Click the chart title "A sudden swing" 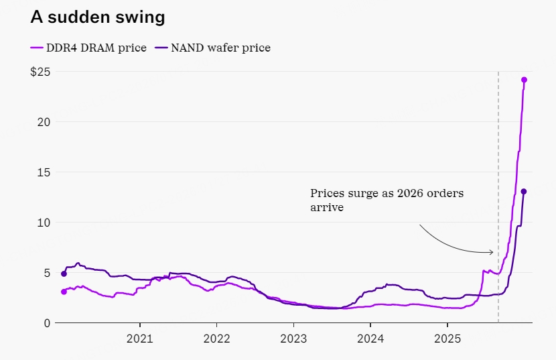pos(98,17)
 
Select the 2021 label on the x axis pos(139,339)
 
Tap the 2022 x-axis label pos(216,339)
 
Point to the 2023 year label pos(293,339)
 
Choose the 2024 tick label pos(370,339)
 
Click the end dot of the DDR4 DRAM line pos(524,80)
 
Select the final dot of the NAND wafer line pos(524,192)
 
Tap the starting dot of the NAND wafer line pos(64,274)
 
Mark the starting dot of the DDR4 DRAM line pos(64,292)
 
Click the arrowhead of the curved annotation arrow pos(492,252)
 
